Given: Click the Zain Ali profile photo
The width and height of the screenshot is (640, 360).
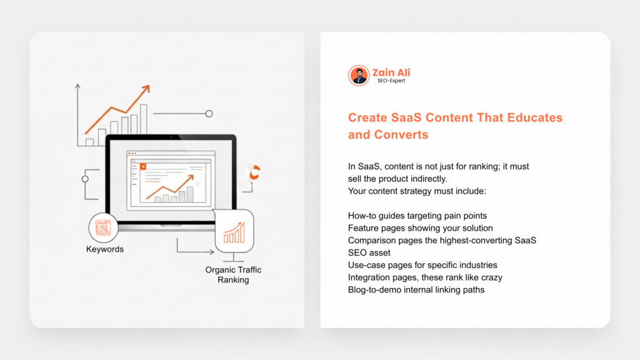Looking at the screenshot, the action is click(359, 76).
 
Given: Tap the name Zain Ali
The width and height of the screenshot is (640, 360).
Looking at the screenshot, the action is click(391, 72).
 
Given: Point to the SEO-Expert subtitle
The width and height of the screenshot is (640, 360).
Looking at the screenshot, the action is click(391, 81).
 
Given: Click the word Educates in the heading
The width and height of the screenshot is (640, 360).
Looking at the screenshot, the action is click(535, 117).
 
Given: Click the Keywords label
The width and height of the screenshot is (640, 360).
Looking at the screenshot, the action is click(105, 249).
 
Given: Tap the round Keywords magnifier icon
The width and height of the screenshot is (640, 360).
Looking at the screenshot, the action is click(103, 227).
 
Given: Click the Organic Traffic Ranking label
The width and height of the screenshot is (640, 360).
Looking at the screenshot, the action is click(233, 275).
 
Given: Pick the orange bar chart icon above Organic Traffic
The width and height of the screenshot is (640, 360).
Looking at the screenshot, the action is click(234, 232).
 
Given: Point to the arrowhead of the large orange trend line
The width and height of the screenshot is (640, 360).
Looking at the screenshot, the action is click(146, 89).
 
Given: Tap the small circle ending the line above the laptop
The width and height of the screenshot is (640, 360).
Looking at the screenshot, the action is click(209, 114).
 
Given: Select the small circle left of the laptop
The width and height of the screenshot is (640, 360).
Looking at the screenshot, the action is click(85, 179).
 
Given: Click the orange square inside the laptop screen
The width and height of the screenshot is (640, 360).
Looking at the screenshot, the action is click(143, 166).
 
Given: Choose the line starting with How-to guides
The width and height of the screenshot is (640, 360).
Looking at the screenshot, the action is click(417, 216).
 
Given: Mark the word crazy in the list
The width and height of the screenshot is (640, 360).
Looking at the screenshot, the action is click(491, 277).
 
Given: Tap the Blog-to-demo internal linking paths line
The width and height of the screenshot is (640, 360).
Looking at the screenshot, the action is click(416, 290).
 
